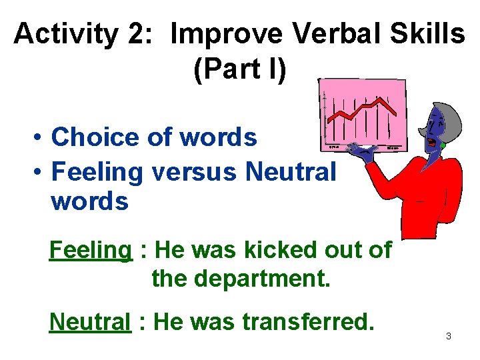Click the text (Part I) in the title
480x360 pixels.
coord(240,70)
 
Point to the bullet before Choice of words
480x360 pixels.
coord(40,138)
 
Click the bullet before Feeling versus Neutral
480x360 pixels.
coord(40,172)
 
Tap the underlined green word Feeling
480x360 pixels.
coord(91,250)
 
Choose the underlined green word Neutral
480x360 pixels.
coord(90,321)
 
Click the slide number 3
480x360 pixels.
coord(448,336)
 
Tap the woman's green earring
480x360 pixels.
coord(443,145)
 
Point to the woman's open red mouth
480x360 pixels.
coord(433,143)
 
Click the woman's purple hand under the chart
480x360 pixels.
coord(365,154)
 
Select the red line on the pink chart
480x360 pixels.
coord(363,110)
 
